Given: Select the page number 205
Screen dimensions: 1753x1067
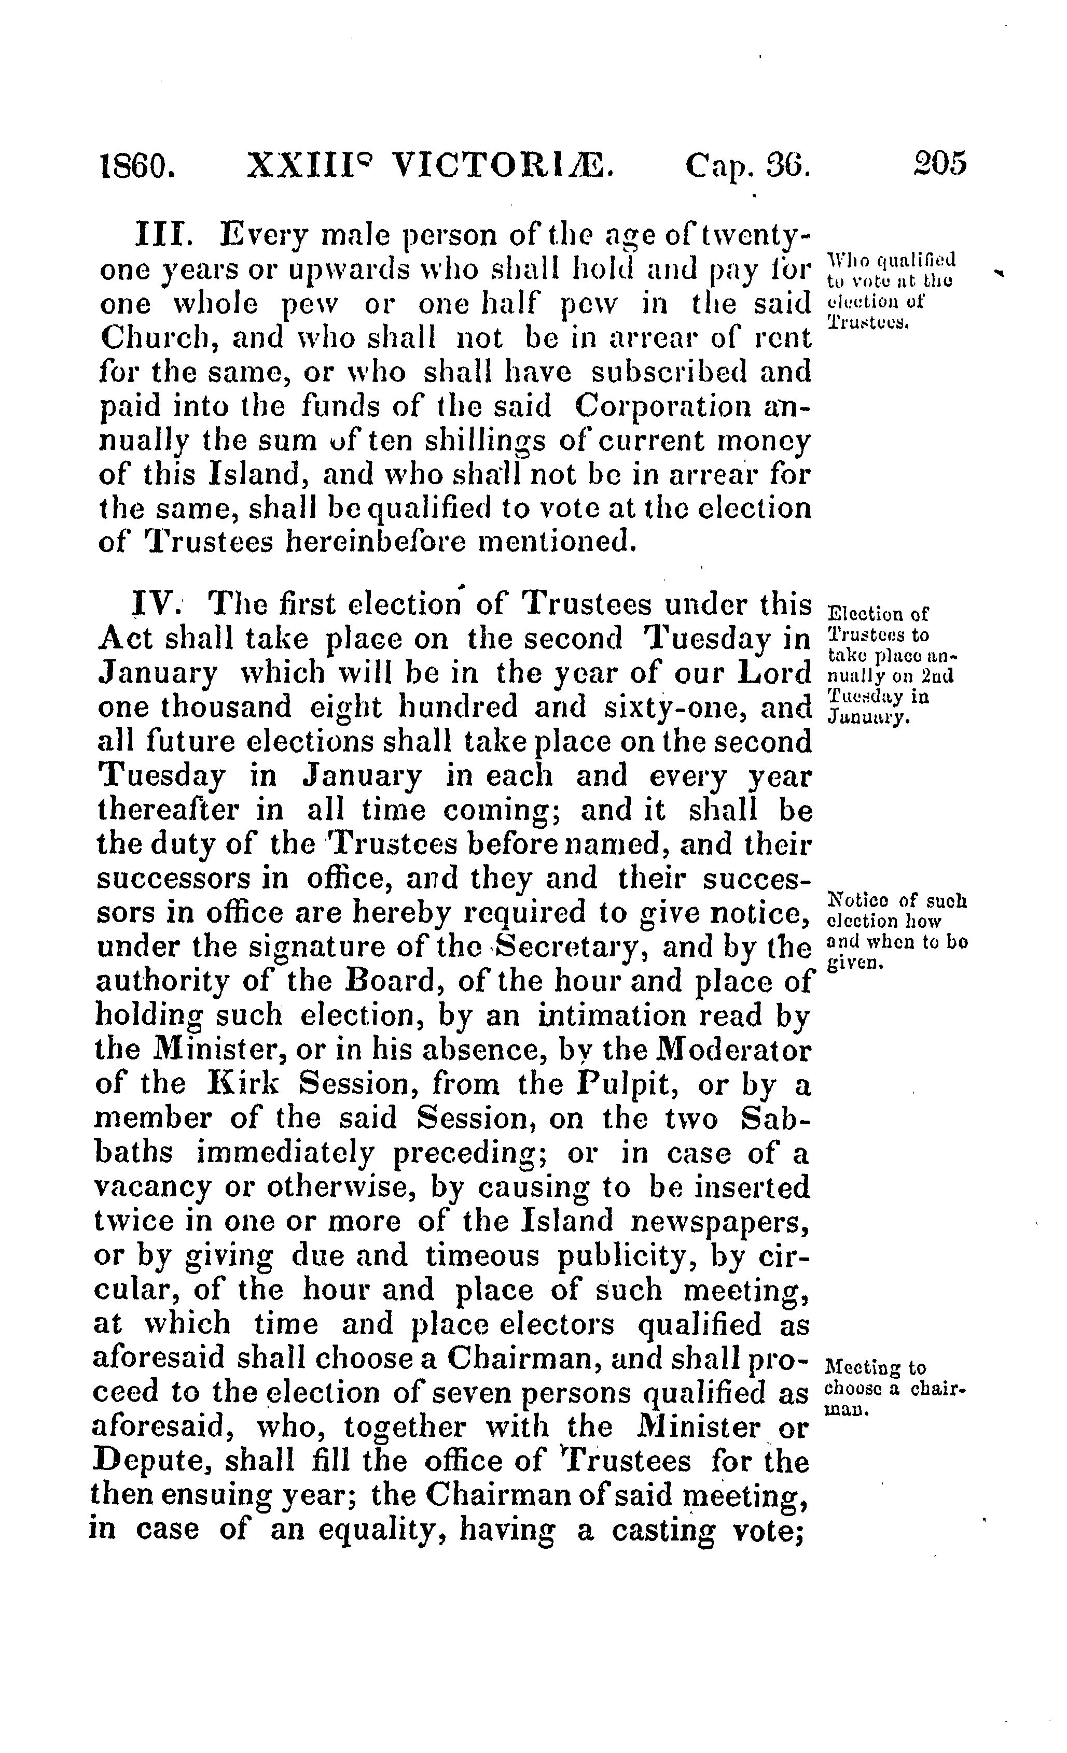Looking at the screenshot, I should click(x=939, y=164).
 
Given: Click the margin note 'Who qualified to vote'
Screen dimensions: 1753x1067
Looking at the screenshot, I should click(x=893, y=288).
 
